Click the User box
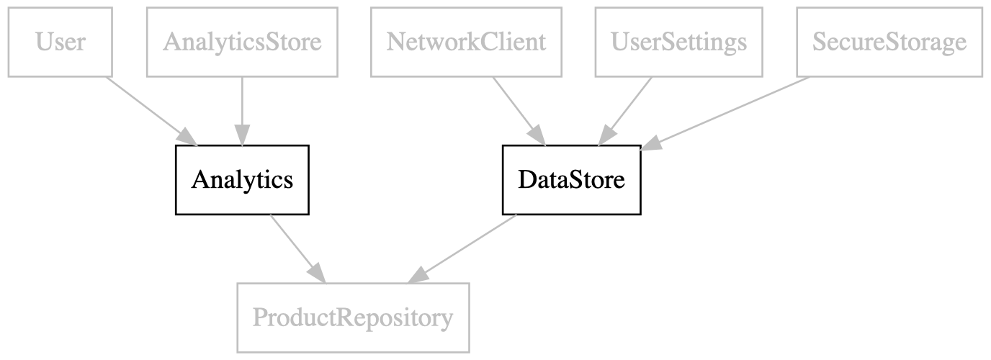tap(60, 42)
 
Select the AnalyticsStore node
tap(243, 42)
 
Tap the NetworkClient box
tap(466, 42)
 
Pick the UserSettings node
tap(679, 42)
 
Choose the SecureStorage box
tap(889, 42)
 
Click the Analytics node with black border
tap(242, 180)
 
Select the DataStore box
tap(572, 180)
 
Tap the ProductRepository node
tap(353, 318)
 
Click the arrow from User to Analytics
tap(152, 112)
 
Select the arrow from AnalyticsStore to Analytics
tap(243, 112)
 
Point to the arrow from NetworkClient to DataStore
tap(520, 112)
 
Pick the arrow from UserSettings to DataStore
tap(624, 112)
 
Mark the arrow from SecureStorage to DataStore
tap(725, 114)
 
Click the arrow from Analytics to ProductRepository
tap(297, 248)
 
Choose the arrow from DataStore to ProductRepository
tap(462, 248)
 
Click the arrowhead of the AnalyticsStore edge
tap(243, 135)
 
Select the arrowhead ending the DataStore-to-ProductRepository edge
tap(418, 275)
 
